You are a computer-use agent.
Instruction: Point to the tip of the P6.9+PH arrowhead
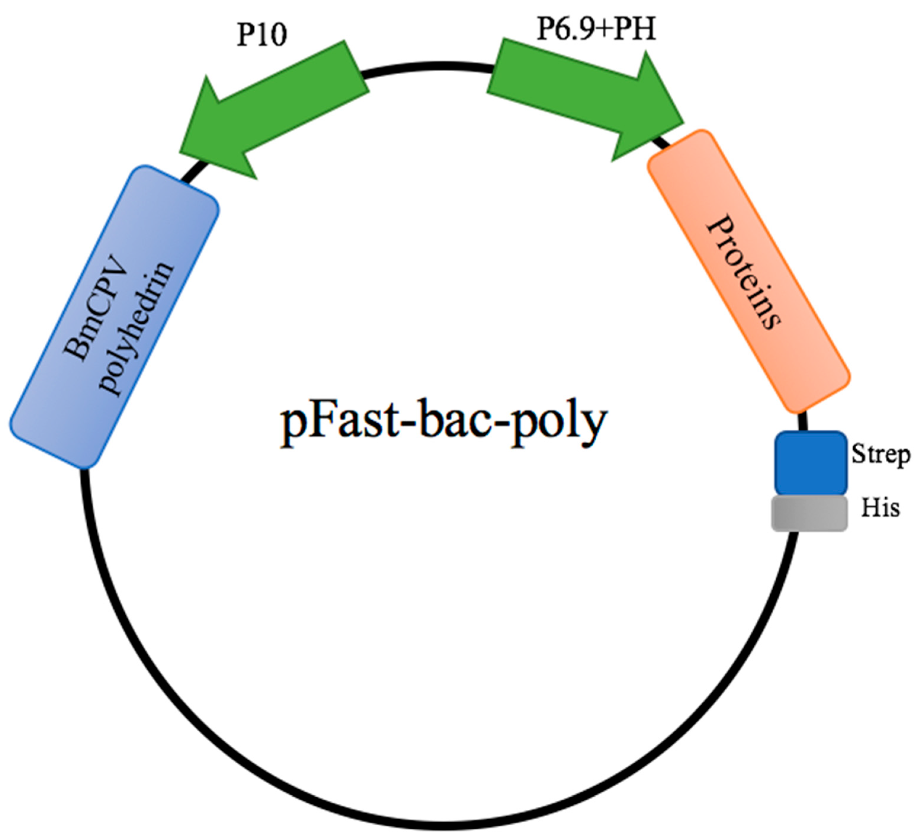[683, 123]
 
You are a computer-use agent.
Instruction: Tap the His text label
[880, 508]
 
